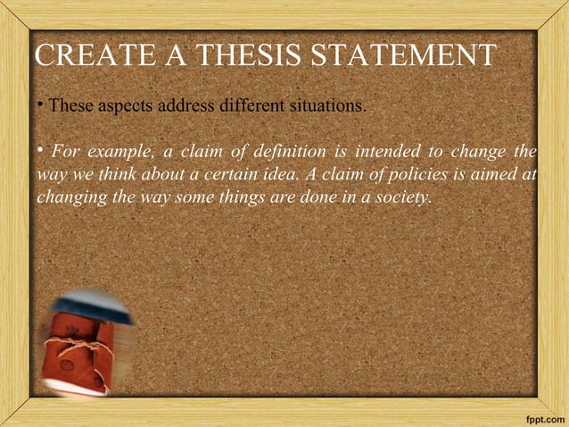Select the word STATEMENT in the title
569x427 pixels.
tap(401, 56)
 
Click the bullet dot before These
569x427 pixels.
tap(41, 103)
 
